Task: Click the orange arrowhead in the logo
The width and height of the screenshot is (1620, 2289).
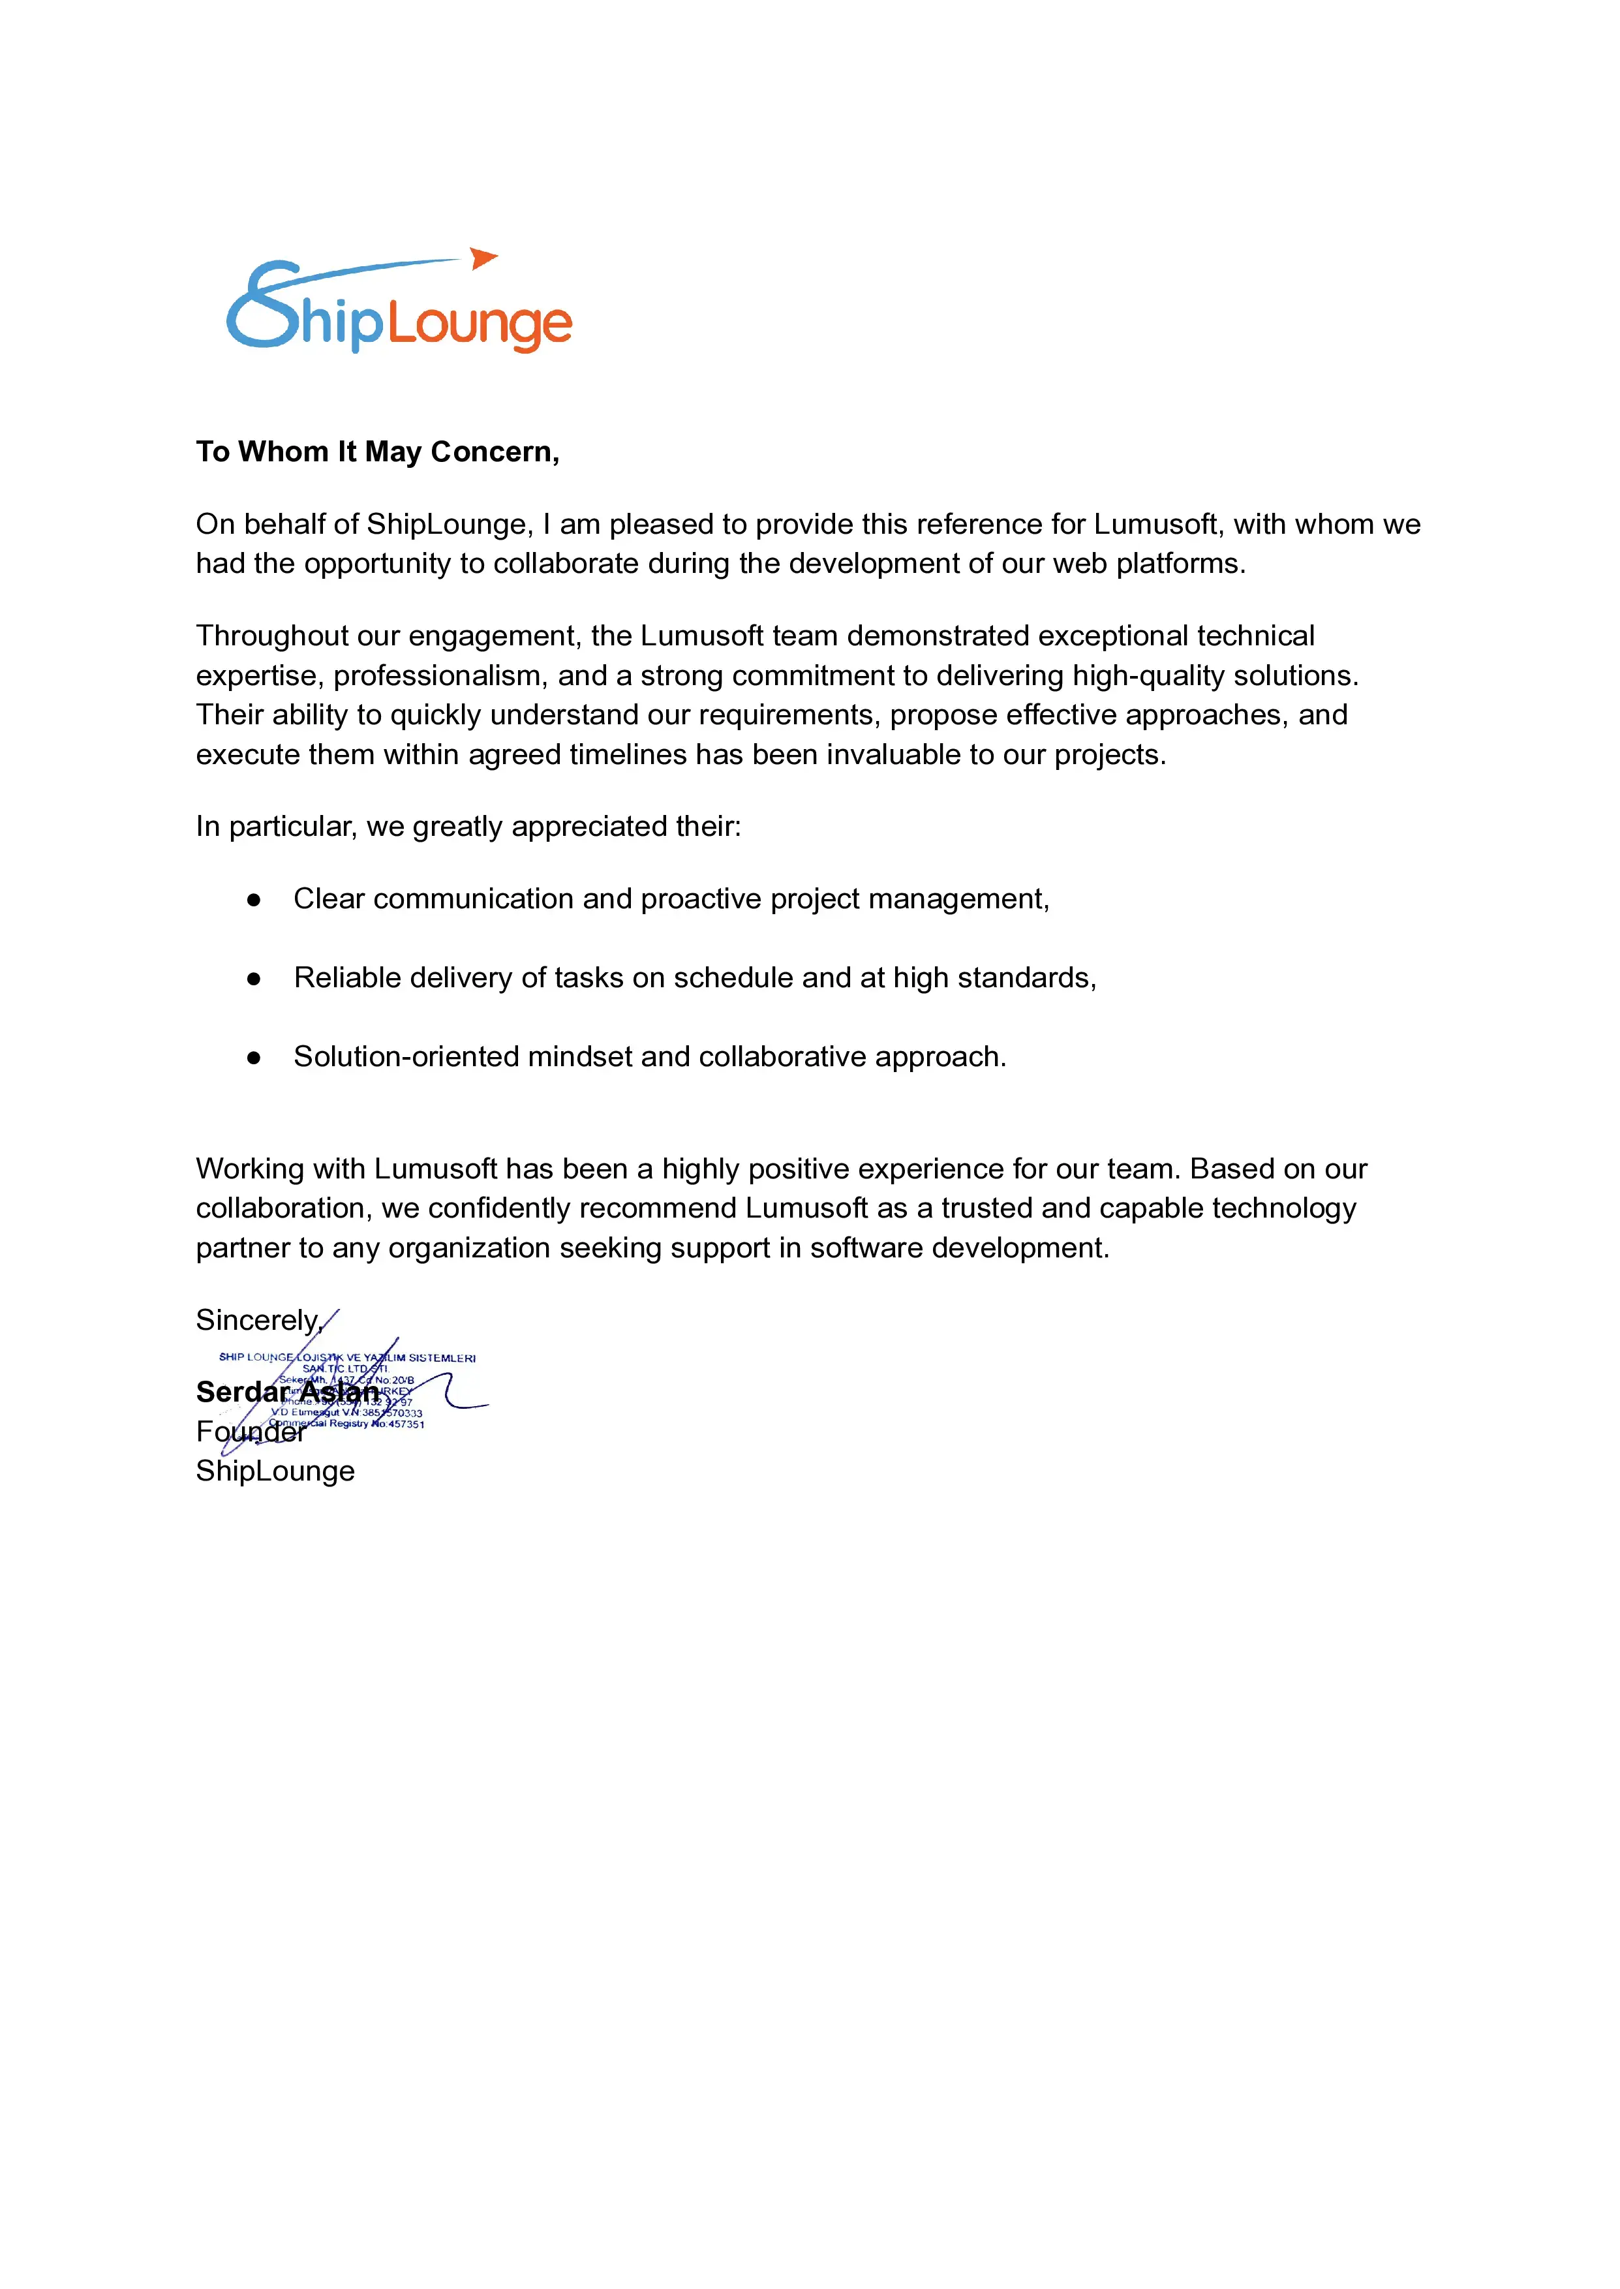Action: coord(483,258)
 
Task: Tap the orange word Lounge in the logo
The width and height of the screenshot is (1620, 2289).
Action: coord(480,324)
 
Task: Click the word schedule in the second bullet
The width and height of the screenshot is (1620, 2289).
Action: coord(733,978)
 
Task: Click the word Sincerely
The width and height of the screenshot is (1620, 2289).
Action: coord(257,1321)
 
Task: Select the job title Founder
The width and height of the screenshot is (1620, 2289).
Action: coord(249,1432)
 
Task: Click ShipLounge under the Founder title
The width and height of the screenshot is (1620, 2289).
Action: coord(275,1471)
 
